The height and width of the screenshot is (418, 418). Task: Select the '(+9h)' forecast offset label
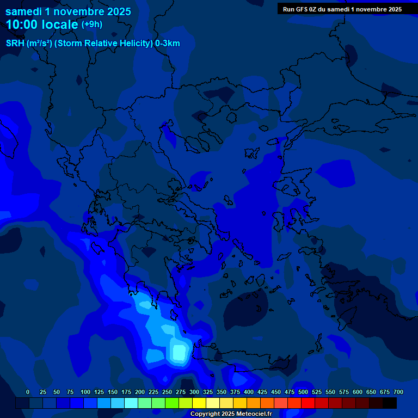tap(91, 24)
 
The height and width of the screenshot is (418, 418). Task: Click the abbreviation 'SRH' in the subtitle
tap(15, 44)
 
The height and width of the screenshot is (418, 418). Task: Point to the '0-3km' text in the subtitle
tap(167, 44)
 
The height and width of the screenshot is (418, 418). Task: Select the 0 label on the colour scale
tap(28, 392)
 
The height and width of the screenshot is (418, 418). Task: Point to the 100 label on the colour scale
tap(85, 392)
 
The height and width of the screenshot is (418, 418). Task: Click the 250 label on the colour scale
tap(167, 392)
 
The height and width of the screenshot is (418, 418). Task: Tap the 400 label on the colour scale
tap(249, 392)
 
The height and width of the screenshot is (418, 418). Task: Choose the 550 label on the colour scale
tap(330, 392)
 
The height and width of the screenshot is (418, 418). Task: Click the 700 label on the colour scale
tap(398, 392)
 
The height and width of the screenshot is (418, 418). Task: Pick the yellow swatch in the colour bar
tap(199, 403)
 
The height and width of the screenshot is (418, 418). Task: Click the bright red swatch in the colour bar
tap(308, 403)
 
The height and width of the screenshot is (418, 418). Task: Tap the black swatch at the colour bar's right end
tap(390, 403)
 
